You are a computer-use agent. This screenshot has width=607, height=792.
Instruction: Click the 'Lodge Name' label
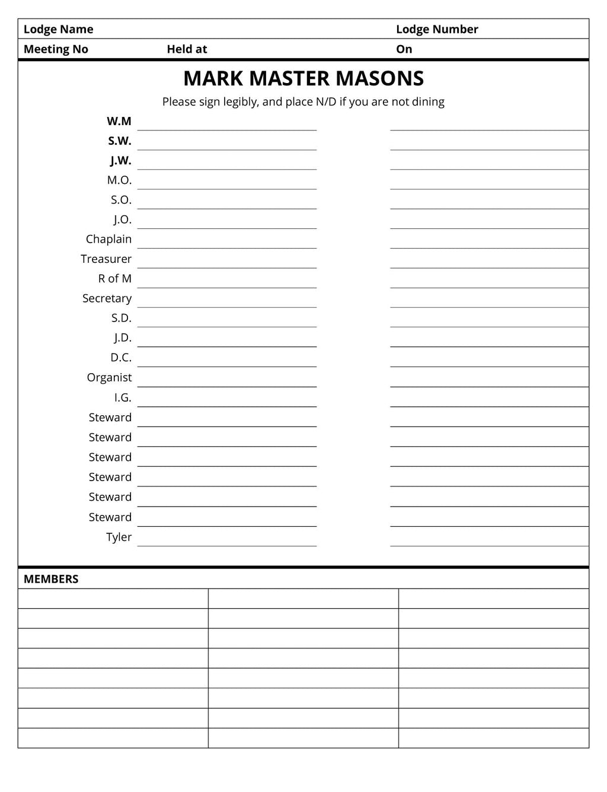58,29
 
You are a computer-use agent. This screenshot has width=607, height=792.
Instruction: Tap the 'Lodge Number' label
437,29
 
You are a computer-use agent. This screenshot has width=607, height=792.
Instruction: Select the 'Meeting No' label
56,49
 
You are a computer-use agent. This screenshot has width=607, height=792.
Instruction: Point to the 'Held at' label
187,49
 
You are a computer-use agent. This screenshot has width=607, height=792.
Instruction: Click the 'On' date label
404,49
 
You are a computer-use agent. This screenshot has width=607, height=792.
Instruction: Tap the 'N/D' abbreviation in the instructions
325,101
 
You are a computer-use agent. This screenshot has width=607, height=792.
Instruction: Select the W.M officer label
119,121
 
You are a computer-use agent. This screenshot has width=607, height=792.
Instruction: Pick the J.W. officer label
120,161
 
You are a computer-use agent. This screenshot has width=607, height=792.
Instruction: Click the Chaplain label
108,239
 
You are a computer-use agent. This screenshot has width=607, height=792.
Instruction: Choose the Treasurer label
106,259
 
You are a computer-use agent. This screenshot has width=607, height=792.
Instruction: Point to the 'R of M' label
115,278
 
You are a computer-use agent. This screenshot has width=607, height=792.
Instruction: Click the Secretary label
107,298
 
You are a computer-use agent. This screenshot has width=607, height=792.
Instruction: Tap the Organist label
109,377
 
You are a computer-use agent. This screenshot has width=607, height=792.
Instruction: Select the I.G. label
123,397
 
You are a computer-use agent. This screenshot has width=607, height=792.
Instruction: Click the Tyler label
119,537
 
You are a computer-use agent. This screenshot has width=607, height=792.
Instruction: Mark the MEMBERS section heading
51,579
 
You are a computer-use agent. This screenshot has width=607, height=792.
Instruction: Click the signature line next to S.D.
227,326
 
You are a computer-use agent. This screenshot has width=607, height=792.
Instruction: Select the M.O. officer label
119,180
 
